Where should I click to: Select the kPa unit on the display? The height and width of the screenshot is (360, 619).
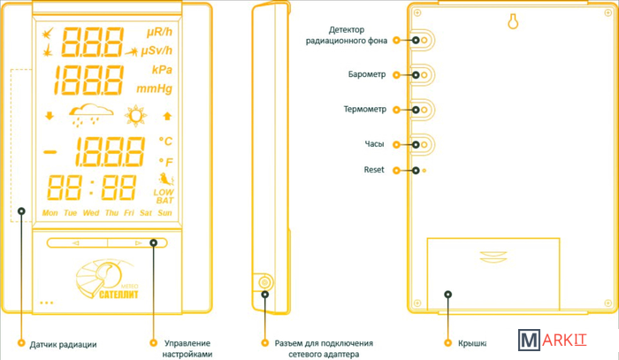pyautogui.click(x=161, y=70)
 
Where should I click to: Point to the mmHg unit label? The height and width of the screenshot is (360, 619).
pyautogui.click(x=154, y=88)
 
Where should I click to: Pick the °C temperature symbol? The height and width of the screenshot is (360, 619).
pyautogui.click(x=164, y=141)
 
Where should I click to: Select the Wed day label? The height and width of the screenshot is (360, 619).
pyautogui.click(x=90, y=213)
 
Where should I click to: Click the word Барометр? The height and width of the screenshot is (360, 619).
pyautogui.click(x=368, y=75)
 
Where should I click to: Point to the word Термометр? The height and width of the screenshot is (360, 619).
pyautogui.click(x=364, y=110)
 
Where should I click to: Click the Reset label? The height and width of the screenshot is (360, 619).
pyautogui.click(x=374, y=169)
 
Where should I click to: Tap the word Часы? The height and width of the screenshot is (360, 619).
pyautogui.click(x=374, y=143)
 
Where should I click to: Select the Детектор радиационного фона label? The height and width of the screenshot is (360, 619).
pyautogui.click(x=359, y=35)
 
